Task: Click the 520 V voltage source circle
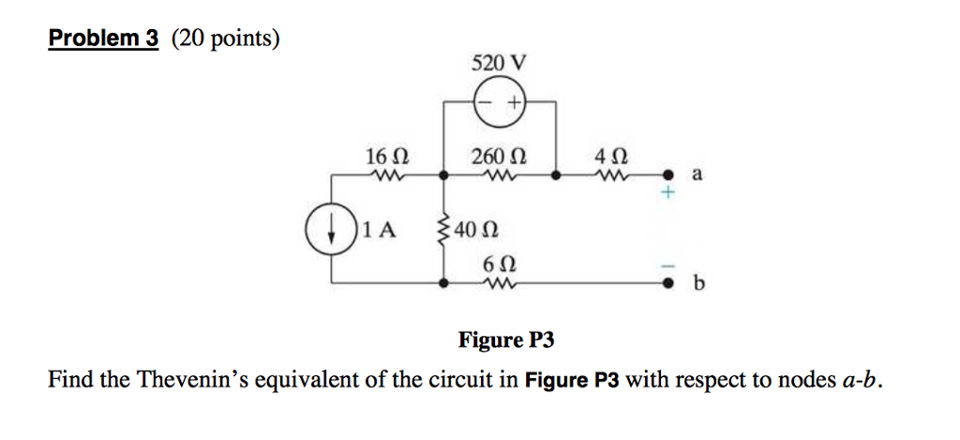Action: click(x=500, y=102)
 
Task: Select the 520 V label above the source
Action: click(x=500, y=64)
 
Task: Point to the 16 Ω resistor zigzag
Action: click(x=386, y=174)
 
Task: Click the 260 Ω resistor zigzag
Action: click(x=499, y=174)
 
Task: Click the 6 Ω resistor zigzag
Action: click(x=499, y=283)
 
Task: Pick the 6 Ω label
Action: click(x=499, y=264)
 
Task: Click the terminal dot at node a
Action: click(x=667, y=174)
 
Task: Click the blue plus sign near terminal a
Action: click(x=667, y=193)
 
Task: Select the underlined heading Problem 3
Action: click(x=104, y=38)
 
